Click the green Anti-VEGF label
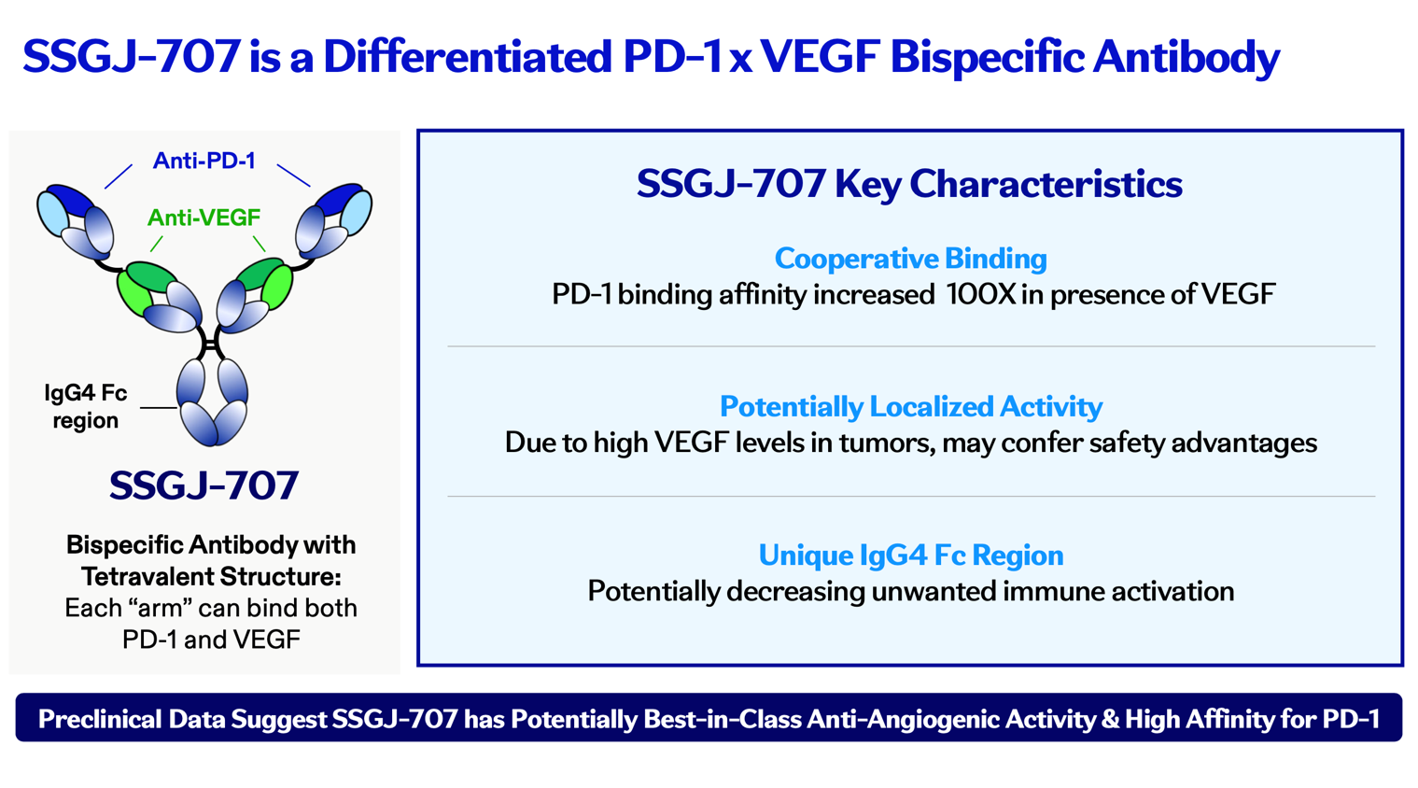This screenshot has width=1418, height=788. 204,218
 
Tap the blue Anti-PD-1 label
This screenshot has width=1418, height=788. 204,161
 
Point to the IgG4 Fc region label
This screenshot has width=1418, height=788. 86,406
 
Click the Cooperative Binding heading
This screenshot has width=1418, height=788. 911,259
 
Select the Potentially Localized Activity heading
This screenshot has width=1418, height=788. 911,406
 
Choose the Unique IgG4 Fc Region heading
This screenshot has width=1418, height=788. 911,556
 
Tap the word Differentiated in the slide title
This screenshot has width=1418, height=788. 468,57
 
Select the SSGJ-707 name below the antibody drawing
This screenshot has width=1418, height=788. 204,485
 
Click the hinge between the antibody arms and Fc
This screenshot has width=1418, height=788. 210,345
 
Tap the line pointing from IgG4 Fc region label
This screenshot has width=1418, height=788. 159,408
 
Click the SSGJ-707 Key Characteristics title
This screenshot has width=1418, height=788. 909,184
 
